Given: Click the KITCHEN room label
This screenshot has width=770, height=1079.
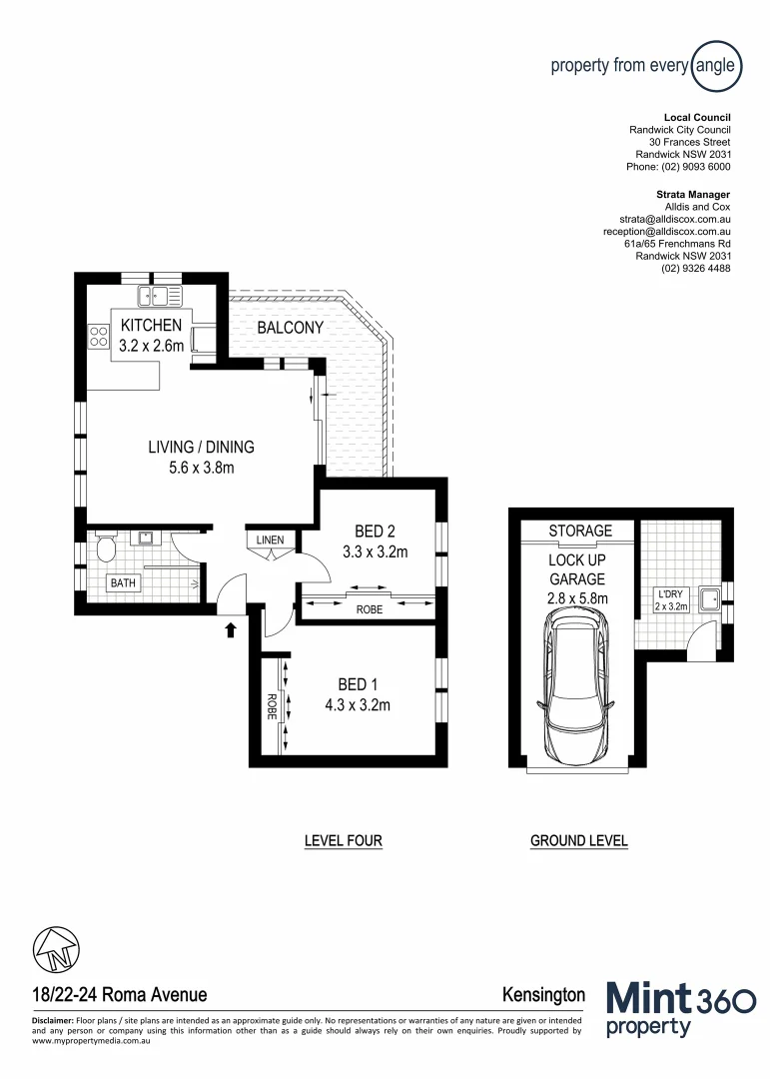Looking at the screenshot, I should click(x=151, y=325).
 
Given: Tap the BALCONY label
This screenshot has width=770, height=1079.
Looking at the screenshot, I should click(x=290, y=328).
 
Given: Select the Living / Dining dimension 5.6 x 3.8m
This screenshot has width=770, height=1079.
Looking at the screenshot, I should click(x=201, y=467).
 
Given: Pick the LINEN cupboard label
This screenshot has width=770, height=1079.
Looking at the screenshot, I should click(x=270, y=540).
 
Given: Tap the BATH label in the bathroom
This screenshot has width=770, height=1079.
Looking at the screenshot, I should click(x=125, y=582).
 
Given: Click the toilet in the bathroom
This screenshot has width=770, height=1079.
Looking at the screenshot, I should click(x=105, y=546).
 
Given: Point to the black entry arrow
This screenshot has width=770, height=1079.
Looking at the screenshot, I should click(x=231, y=628).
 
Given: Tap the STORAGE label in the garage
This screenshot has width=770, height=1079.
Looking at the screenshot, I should click(x=580, y=531).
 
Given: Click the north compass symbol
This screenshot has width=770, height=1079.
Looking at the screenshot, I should click(x=55, y=947).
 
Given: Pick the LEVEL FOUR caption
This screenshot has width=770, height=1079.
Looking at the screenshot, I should click(x=343, y=841).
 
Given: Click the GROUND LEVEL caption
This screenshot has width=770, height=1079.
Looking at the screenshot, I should click(x=578, y=841).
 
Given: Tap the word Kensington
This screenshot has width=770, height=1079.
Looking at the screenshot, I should click(x=543, y=994).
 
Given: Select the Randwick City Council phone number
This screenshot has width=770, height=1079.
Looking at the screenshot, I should click(x=678, y=167).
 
